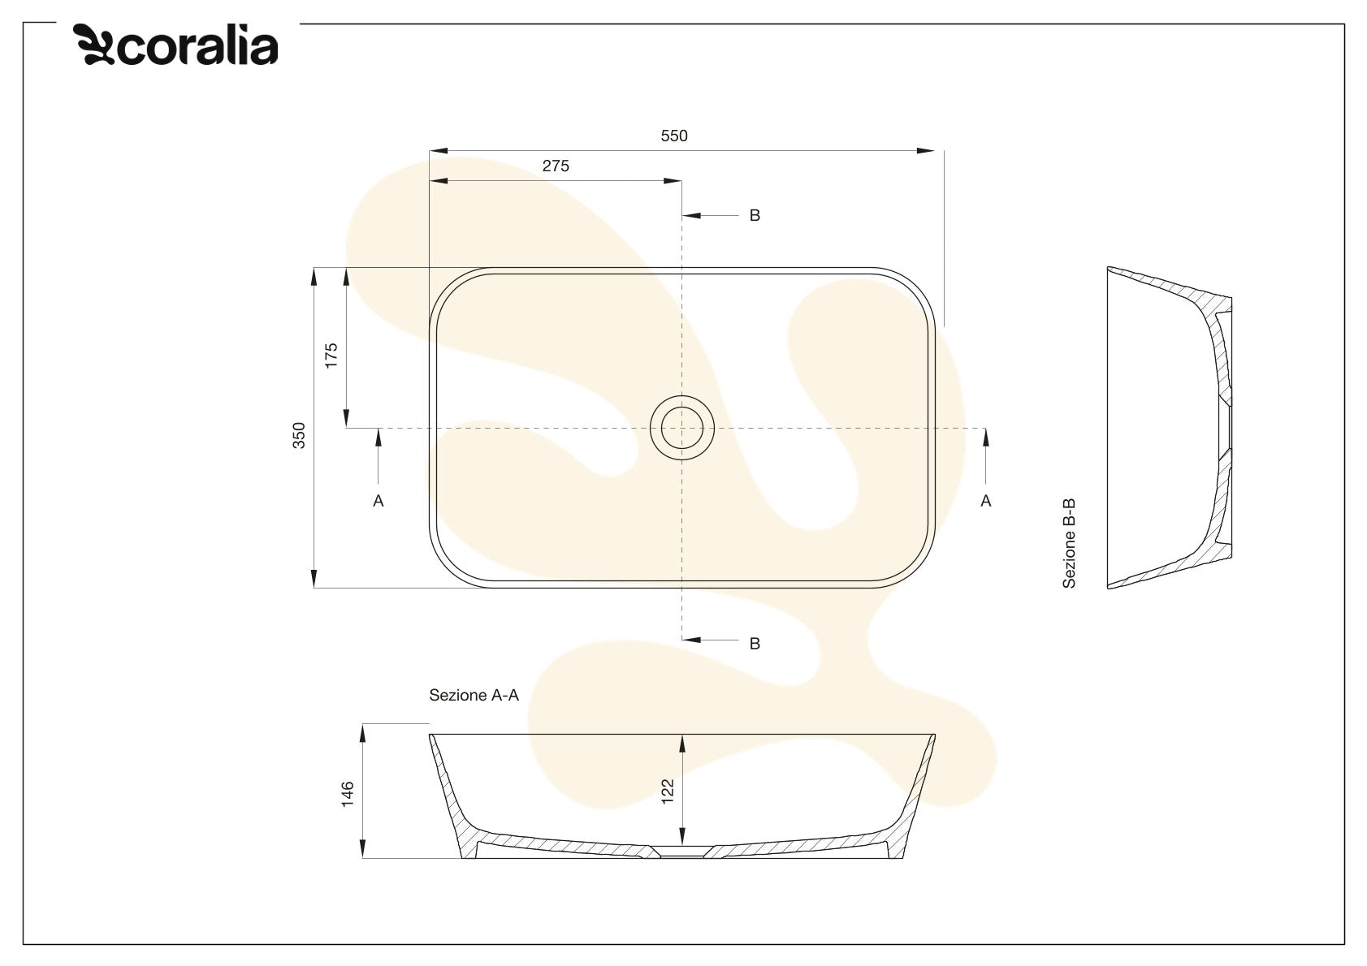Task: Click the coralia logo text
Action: [197, 46]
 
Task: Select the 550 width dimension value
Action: [673, 136]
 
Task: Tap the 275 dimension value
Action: [556, 166]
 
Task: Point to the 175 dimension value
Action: [331, 356]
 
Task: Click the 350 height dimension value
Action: [298, 435]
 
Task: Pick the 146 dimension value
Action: [348, 794]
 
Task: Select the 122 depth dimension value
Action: [668, 791]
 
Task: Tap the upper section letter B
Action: [755, 215]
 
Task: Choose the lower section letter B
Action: [755, 644]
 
